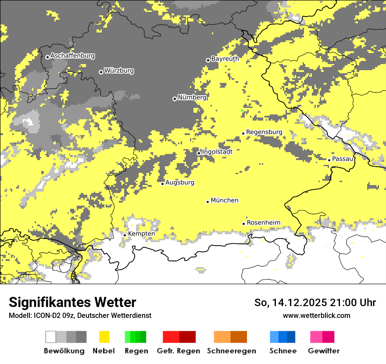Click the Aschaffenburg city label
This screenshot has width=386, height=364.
tap(72, 56)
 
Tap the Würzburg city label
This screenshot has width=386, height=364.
tap(119, 71)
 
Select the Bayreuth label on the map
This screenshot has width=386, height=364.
tap(225, 59)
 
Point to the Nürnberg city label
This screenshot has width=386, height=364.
tap(192, 97)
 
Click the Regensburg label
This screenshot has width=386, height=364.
tap(264, 132)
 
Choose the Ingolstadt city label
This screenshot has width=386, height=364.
tap(217, 152)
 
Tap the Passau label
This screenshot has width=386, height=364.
tap(343, 159)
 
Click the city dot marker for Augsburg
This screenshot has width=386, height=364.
tap(162, 183)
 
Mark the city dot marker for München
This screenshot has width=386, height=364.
tap(208, 202)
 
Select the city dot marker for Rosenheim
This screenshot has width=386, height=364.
tap(244, 224)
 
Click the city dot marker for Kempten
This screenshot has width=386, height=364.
tap(125, 235)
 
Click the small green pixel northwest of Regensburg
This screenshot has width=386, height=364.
tap(242, 110)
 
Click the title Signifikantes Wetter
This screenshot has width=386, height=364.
tap(72, 303)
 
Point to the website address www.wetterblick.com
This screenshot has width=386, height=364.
tap(316, 315)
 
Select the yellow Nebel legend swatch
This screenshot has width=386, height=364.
tap(104, 337)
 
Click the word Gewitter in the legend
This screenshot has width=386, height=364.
tap(323, 351)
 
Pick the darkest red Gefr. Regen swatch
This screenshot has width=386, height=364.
tap(187, 337)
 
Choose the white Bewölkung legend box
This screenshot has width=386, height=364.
tap(51, 337)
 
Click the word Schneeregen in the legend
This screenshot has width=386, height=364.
tap(232, 351)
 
